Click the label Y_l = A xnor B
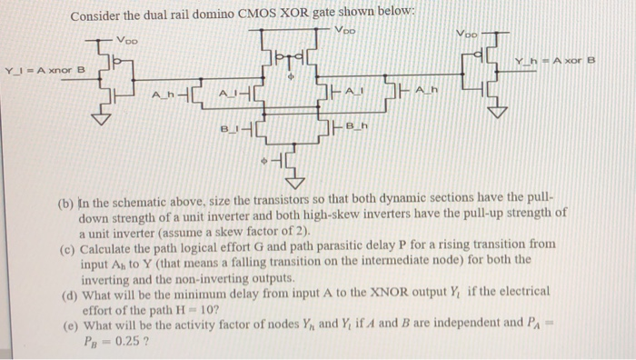(x=45, y=69)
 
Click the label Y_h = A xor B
(x=552, y=61)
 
